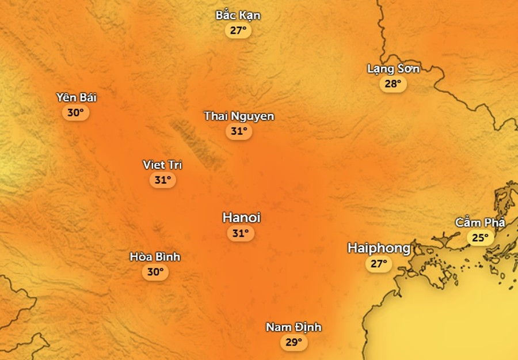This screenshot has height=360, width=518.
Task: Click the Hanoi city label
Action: click(x=241, y=218)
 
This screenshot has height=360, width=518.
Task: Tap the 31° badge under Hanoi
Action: click(x=241, y=233)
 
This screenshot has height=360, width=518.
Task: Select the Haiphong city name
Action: click(x=379, y=248)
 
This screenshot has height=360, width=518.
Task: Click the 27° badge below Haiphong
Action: click(x=379, y=264)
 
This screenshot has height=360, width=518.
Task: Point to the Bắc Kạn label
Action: click(x=238, y=15)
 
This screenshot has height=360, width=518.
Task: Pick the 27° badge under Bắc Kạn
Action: click(x=238, y=30)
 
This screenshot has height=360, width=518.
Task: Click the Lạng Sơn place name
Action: click(x=393, y=69)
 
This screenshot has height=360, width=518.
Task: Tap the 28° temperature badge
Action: click(x=393, y=84)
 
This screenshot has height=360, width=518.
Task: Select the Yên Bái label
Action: click(x=76, y=97)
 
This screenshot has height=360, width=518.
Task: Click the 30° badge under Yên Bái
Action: click(x=76, y=113)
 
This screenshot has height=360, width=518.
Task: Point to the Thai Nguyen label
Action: click(x=239, y=116)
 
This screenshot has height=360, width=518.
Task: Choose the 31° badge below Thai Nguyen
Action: click(x=239, y=131)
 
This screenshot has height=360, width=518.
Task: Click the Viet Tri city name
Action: click(x=162, y=165)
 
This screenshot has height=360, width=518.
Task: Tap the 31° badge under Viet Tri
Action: click(x=162, y=180)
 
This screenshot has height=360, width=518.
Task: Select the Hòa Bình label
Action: click(x=155, y=257)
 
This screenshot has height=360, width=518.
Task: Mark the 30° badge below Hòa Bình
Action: click(x=155, y=272)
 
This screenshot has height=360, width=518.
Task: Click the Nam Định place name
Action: click(x=294, y=328)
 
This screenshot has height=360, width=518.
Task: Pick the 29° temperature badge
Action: click(x=294, y=343)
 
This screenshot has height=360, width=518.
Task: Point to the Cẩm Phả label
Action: click(x=480, y=222)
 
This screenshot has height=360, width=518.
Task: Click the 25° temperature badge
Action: click(x=480, y=237)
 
